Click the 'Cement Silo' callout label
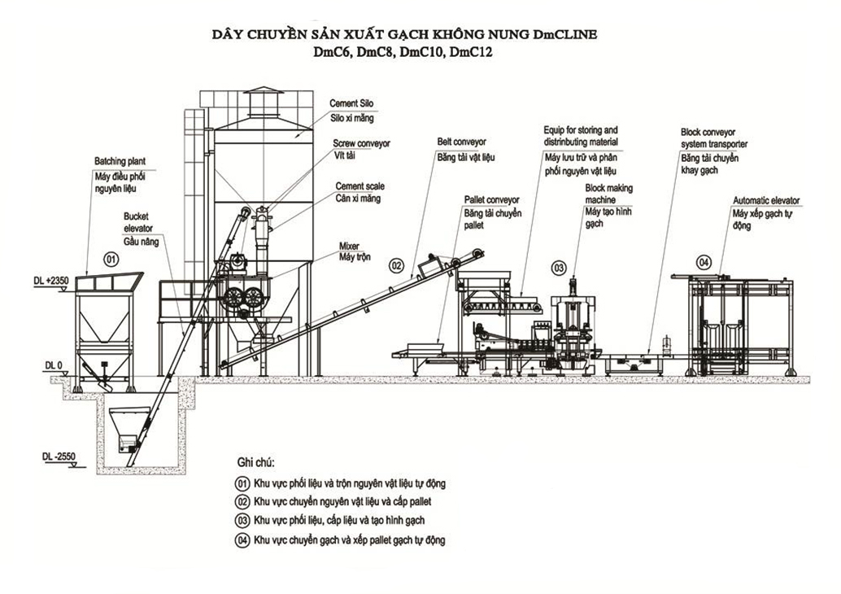[351, 104]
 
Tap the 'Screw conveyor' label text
[361, 143]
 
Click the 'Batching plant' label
[120, 161]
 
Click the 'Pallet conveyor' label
[491, 199]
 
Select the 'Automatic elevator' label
[766, 200]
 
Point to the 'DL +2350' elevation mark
[52, 281]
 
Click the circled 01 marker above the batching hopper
[111, 259]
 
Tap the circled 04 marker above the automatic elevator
[704, 261]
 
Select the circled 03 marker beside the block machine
[559, 267]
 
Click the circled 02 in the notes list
[242, 501]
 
